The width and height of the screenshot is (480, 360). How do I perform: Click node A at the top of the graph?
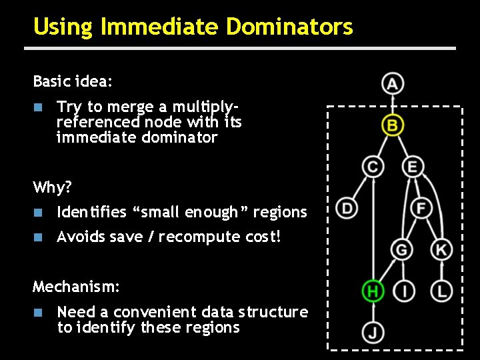(x=393, y=84)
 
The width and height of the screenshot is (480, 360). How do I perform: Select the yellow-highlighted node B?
(x=393, y=125)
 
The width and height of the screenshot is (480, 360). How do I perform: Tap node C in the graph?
(x=373, y=166)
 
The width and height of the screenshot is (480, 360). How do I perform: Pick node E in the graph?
(x=413, y=166)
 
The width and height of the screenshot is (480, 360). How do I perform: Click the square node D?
(x=347, y=208)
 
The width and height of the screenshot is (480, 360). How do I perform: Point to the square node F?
(x=421, y=208)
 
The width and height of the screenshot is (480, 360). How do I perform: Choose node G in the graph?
(x=402, y=250)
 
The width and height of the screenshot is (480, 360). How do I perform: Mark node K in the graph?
(x=441, y=250)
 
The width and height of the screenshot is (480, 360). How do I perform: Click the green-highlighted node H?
(x=373, y=291)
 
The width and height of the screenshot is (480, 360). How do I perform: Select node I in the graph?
(x=405, y=291)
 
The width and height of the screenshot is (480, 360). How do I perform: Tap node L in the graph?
(x=441, y=291)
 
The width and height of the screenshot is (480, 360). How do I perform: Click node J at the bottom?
(x=373, y=331)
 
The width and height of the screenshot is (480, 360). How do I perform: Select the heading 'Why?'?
(x=53, y=187)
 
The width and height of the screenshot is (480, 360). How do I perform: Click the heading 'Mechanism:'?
(x=77, y=287)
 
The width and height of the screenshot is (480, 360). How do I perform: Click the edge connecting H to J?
(x=373, y=311)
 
